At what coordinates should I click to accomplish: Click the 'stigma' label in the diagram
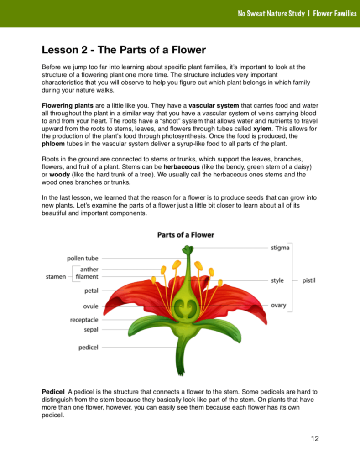pyautogui.click(x=280, y=248)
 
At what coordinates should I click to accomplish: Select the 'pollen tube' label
pyautogui.click(x=83, y=259)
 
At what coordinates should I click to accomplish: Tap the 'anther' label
pyautogui.click(x=89, y=270)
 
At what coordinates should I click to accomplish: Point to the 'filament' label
pyautogui.click(x=87, y=276)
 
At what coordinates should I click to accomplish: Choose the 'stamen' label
pyautogui.click(x=56, y=276)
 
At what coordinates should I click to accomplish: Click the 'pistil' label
pyautogui.click(x=309, y=280)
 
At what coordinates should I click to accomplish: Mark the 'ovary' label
pyautogui.click(x=278, y=305)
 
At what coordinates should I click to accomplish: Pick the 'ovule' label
pyautogui.click(x=91, y=306)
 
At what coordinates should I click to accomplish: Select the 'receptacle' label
pyautogui.click(x=84, y=320)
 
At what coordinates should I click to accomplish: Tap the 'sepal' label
pyautogui.click(x=91, y=329)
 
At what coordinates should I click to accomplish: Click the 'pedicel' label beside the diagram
pyautogui.click(x=89, y=347)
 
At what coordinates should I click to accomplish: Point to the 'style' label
pyautogui.click(x=277, y=280)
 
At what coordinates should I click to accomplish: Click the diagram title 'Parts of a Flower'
pyautogui.click(x=186, y=235)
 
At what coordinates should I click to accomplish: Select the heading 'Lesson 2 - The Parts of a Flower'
pyautogui.click(x=124, y=50)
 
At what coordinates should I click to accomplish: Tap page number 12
pyautogui.click(x=315, y=439)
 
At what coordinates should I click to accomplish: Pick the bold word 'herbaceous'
pyautogui.click(x=183, y=166)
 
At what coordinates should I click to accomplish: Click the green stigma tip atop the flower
pyautogui.click(x=187, y=249)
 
